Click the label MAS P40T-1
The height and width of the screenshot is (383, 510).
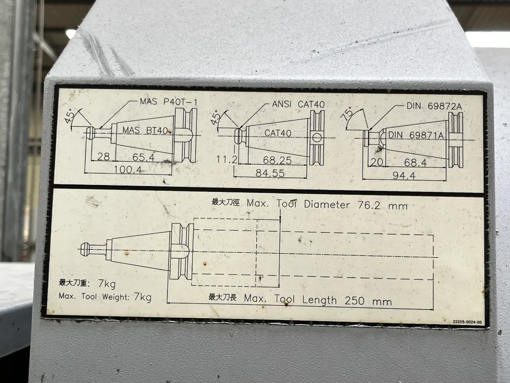168,102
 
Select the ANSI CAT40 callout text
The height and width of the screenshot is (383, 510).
298,104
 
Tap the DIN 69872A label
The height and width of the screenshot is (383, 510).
434,106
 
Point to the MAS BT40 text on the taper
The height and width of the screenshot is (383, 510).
145,130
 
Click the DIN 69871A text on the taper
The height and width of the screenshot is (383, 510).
416,135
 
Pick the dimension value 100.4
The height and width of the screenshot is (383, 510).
127,170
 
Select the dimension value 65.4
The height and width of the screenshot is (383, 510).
143,157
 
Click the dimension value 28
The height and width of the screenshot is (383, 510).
104,157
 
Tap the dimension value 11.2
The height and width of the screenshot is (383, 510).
227,160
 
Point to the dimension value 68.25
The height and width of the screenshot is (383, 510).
277,160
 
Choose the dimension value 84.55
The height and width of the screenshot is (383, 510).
270,173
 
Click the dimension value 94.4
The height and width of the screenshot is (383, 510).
404,176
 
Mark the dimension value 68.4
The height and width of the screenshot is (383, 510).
415,163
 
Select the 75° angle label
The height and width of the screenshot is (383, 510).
347,114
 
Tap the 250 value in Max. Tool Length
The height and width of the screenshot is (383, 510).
355,301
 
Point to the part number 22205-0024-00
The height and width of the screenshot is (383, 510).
467,322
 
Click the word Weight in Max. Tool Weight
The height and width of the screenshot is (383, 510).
116,297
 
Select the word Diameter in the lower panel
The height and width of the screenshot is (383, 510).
327,204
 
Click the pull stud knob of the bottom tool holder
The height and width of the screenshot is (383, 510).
85,249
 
